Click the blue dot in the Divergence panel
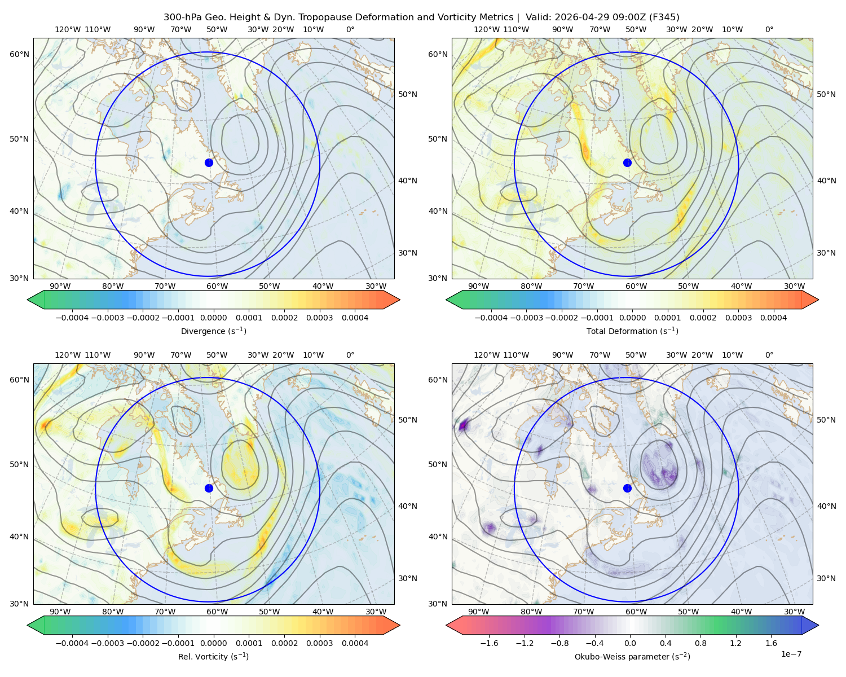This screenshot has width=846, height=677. (209, 163)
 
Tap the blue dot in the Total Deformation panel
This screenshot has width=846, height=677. (627, 163)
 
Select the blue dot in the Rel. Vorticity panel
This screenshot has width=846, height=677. (209, 488)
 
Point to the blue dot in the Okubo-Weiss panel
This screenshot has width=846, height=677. (627, 488)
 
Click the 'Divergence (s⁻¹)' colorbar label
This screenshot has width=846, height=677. (213, 331)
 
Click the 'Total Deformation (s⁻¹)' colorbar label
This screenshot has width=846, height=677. (632, 331)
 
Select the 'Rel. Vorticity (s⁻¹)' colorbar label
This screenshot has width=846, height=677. (213, 657)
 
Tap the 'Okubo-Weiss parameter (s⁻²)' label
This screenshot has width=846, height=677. (632, 657)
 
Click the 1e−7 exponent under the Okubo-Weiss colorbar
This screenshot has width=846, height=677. (791, 654)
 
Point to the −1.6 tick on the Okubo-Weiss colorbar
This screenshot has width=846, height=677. (489, 643)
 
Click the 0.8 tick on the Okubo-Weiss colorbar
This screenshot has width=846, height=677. (700, 643)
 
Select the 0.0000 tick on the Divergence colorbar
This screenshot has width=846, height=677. (213, 318)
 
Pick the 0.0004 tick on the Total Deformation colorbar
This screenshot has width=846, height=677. (773, 318)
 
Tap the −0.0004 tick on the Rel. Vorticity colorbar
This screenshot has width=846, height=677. (72, 643)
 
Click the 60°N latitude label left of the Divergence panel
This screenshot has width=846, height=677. (19, 54)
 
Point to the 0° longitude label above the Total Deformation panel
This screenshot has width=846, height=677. (769, 29)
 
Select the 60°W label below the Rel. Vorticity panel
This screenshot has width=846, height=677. (217, 612)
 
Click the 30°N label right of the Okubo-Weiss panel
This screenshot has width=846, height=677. (826, 578)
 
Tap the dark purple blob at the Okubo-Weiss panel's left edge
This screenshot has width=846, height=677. (462, 425)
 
